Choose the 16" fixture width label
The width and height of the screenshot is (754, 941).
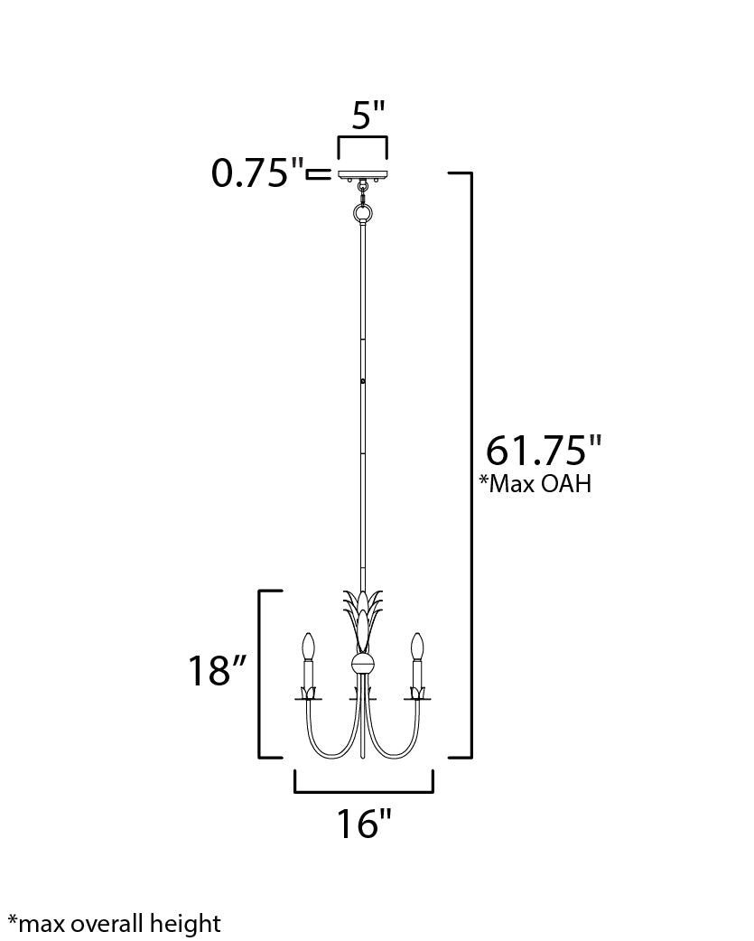(x=364, y=824)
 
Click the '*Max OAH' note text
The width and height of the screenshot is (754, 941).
(x=535, y=484)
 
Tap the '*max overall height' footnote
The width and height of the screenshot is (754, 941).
(x=114, y=923)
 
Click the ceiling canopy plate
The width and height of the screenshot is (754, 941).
(x=363, y=173)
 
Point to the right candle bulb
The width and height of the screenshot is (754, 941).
(x=416, y=647)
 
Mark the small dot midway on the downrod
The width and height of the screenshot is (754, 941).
(x=363, y=382)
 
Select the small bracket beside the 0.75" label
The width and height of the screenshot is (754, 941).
(x=318, y=173)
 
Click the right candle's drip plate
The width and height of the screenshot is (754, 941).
(x=416, y=694)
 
